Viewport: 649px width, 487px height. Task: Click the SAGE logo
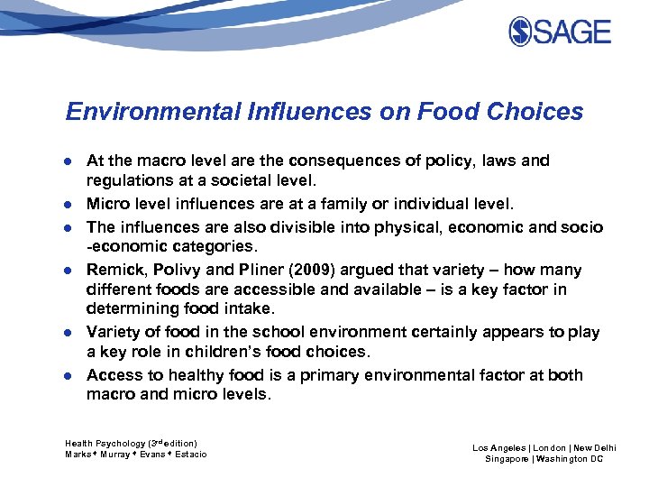click(560, 32)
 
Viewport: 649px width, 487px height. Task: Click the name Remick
click(113, 270)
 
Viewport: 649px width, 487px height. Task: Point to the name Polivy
click(169, 270)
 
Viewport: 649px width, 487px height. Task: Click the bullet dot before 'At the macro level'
click(70, 161)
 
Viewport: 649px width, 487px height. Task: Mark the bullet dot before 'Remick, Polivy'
click(70, 271)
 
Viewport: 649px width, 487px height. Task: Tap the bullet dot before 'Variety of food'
click(70, 333)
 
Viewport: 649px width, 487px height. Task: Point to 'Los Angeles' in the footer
click(498, 448)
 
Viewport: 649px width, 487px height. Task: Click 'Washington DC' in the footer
click(570, 459)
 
